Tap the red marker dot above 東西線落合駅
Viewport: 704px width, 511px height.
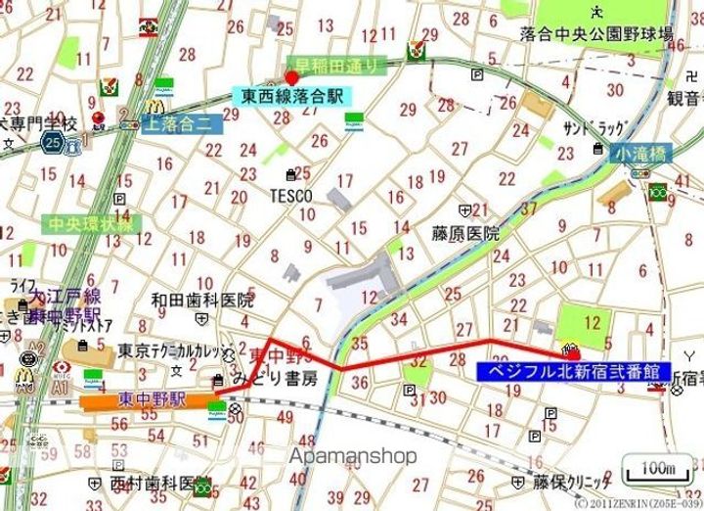pos(291,77)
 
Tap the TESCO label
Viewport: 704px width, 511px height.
pos(291,196)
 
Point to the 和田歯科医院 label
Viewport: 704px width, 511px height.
pos(202,301)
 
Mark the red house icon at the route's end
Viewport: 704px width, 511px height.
pos(570,350)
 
